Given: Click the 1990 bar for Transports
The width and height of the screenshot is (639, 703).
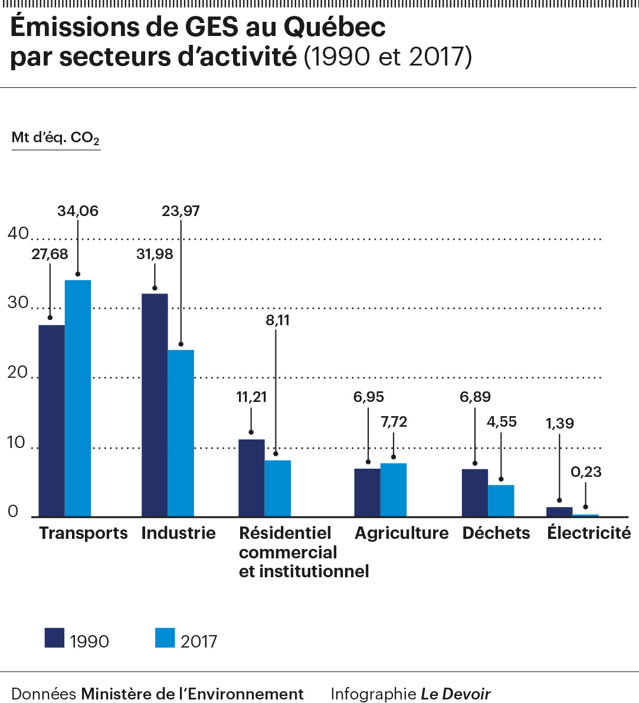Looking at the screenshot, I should point(51,420).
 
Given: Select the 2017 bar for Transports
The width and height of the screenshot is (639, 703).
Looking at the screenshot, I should point(78,398).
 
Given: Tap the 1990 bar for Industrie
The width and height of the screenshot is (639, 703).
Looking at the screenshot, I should point(155,405).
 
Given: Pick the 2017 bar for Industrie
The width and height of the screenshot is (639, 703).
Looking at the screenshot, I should point(181,433).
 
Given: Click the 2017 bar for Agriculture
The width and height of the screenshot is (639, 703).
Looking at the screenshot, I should point(394,490).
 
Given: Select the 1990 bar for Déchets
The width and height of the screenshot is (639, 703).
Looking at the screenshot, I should point(475,493).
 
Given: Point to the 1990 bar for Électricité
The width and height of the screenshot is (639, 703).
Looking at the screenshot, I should point(559,512).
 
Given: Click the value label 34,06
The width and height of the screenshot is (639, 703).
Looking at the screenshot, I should point(78,211).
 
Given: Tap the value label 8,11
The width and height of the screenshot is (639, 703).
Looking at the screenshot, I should point(278,321).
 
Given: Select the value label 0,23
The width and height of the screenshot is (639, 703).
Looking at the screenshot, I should point(586,472).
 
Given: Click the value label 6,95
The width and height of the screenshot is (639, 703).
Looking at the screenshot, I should point(369,397).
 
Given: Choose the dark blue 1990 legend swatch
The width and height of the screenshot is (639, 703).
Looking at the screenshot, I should point(54,638).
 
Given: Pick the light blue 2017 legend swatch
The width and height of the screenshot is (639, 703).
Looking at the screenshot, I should point(165,638).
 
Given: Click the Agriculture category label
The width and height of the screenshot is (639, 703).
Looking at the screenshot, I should point(402,533).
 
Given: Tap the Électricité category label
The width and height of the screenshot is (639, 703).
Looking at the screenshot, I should point(589,533).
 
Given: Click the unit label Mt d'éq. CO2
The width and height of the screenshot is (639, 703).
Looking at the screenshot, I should point(55,138).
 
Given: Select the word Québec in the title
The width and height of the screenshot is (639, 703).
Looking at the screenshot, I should point(335,27).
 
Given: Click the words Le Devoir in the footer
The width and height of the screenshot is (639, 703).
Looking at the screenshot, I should point(456,694).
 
